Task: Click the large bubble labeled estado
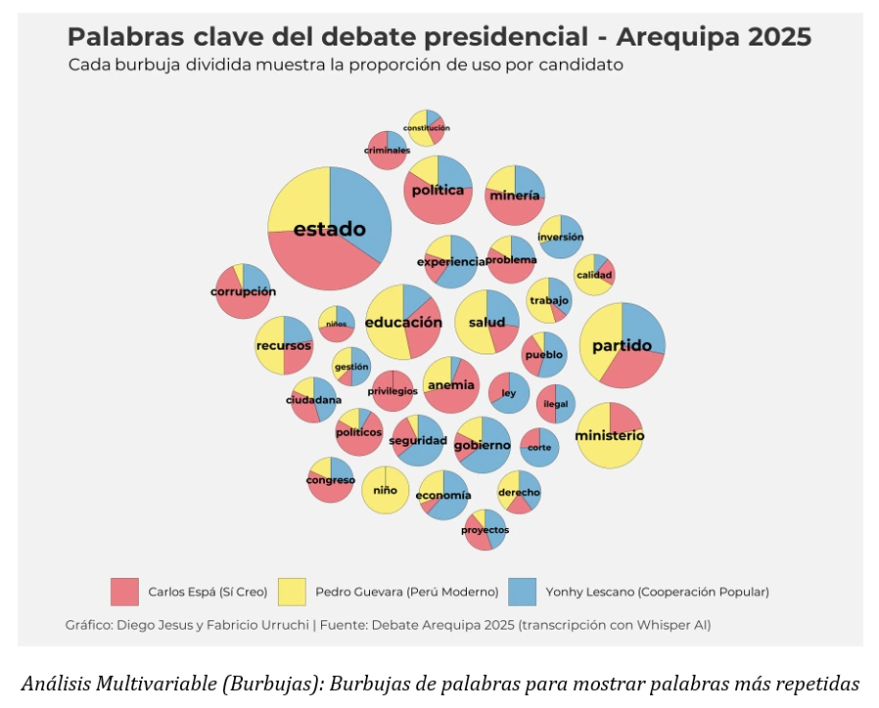[x=330, y=229]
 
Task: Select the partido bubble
[x=622, y=345]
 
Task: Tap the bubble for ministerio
[x=609, y=435]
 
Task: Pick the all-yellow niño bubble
[x=385, y=490]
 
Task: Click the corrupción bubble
[x=243, y=291]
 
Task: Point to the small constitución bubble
[x=426, y=128]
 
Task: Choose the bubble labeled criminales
[x=387, y=150]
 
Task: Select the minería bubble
[x=514, y=196]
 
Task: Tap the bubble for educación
[x=403, y=322]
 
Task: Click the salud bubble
[x=486, y=322]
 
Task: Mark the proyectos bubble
[x=485, y=529]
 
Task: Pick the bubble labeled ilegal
[x=555, y=403]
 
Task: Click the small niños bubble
[x=336, y=324]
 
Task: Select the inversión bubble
[x=560, y=237]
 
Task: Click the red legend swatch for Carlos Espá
[x=124, y=592]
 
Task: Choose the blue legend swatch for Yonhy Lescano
[x=523, y=592]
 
